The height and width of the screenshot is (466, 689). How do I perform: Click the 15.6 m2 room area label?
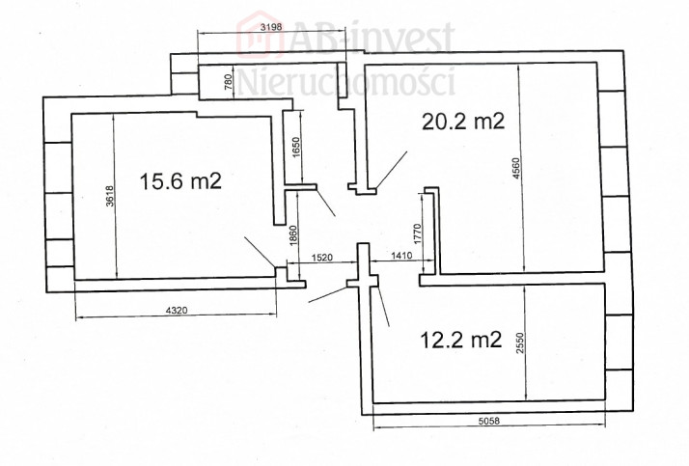click(180, 181)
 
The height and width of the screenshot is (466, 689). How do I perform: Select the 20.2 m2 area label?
click(463, 122)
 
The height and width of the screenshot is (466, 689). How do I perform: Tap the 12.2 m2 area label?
click(461, 340)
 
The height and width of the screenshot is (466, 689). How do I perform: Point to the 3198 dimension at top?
click(270, 27)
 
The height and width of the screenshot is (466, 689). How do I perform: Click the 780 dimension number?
click(228, 82)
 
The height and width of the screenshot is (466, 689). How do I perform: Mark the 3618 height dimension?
click(110, 196)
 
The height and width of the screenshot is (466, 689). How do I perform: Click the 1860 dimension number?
click(294, 235)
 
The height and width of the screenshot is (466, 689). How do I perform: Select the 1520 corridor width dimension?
click(322, 258)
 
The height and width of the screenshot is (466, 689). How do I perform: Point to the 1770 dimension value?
click(418, 233)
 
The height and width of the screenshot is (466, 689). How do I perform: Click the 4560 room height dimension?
click(517, 168)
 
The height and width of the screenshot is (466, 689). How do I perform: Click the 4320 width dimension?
click(177, 311)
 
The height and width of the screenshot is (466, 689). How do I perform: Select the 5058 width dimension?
click(488, 421)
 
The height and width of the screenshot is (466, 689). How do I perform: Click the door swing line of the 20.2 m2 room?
click(392, 170)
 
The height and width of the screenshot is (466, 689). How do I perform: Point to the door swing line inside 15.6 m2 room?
click(261, 252)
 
